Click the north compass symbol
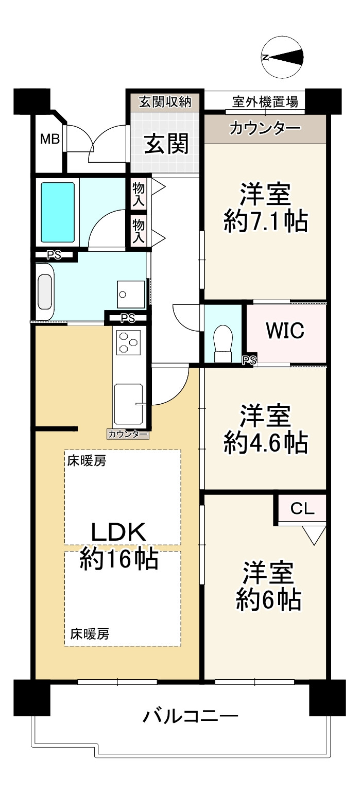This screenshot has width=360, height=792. coord(282,57)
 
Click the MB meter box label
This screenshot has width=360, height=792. coord(50,139)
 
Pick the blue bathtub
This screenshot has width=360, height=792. coord(58,211)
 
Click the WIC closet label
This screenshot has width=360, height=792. coord(285,331)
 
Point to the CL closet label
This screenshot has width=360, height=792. coord(302,509)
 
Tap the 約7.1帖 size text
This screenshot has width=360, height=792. coord(265,222)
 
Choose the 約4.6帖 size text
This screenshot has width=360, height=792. coord(265,443)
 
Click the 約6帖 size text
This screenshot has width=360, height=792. coord(268,599)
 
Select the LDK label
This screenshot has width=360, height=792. coord(119,531)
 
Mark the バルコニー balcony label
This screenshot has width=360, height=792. coord(191,716)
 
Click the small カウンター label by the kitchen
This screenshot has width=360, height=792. coord(128,434)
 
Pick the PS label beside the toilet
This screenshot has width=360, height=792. coord(250,360)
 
